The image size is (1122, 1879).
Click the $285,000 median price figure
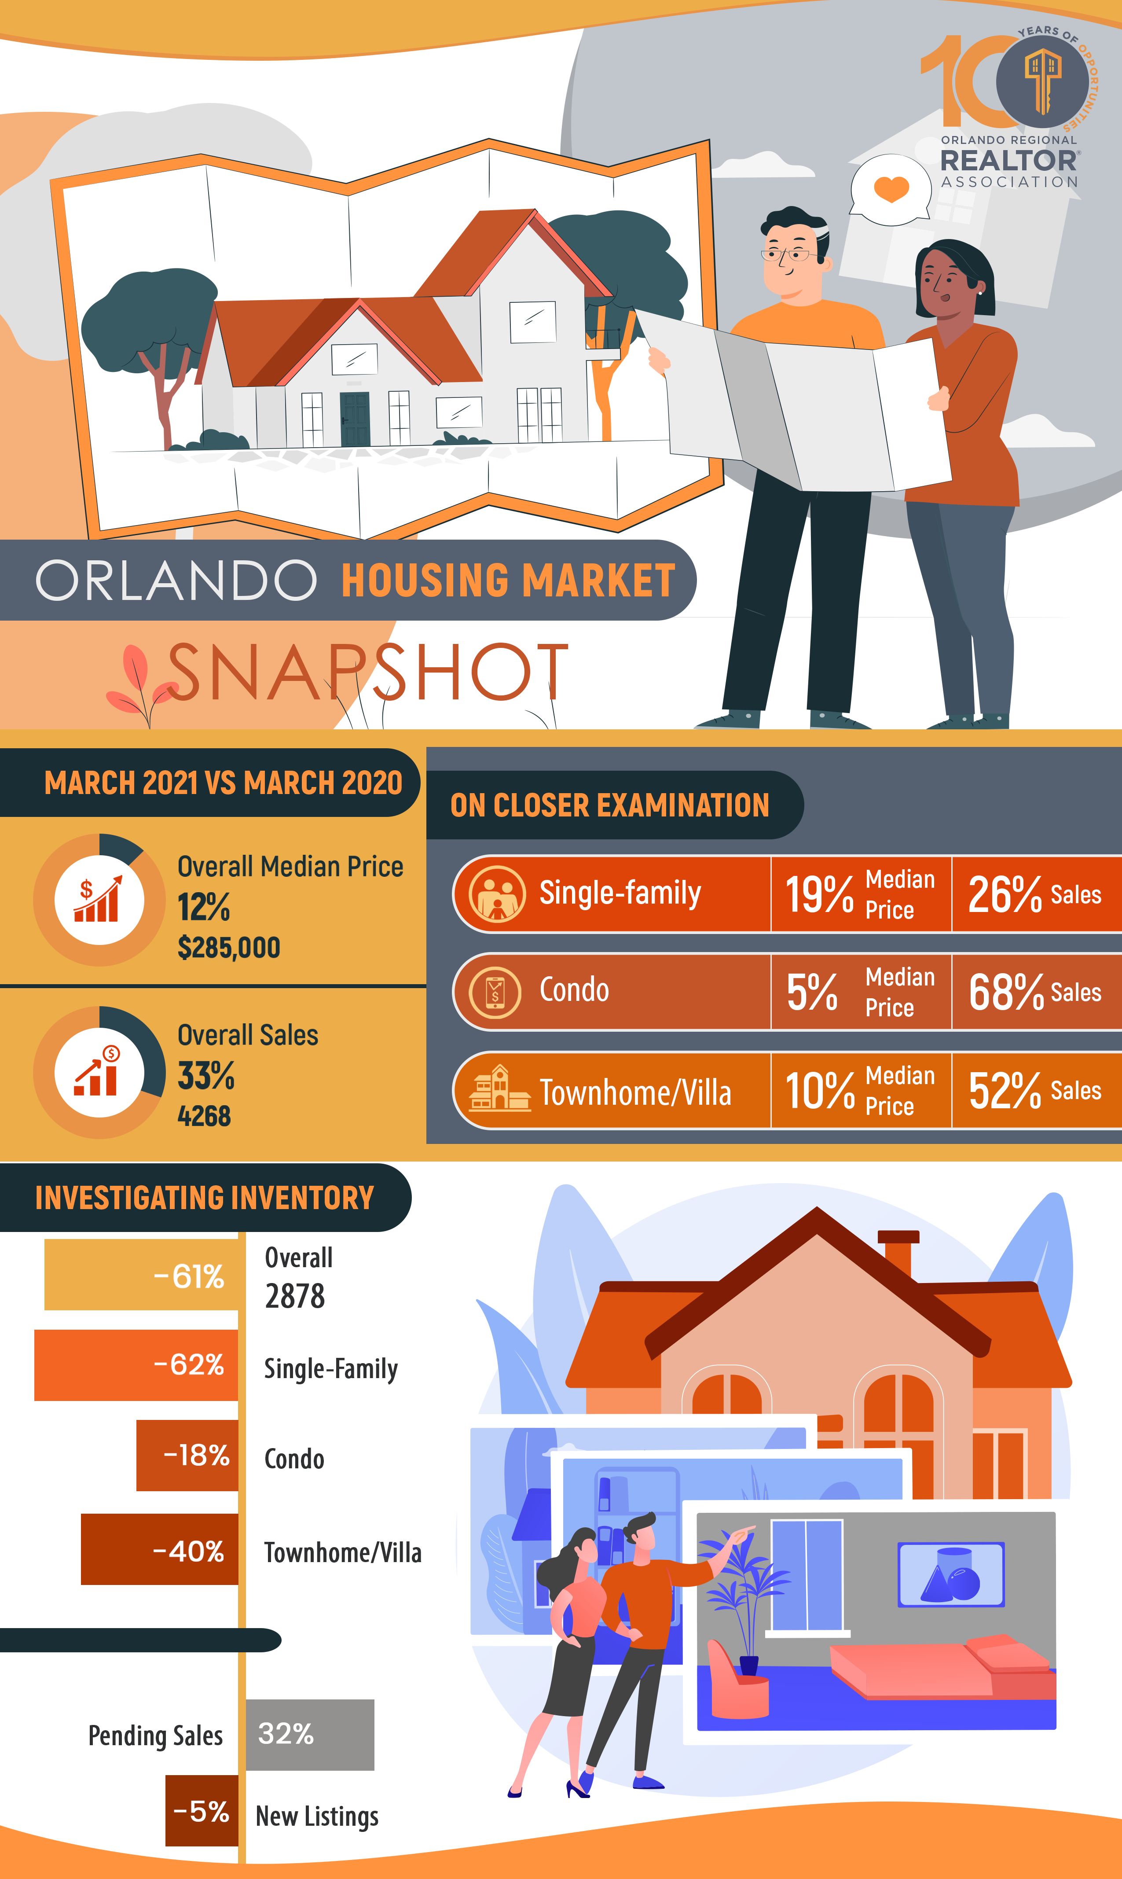(228, 948)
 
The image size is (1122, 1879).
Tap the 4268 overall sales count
(204, 1116)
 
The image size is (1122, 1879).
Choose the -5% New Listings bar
(202, 1811)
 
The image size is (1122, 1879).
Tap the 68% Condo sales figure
(1005, 992)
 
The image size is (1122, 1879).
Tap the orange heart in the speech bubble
(891, 188)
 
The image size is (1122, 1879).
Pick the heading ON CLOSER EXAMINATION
(609, 805)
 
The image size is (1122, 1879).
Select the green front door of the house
(355, 419)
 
